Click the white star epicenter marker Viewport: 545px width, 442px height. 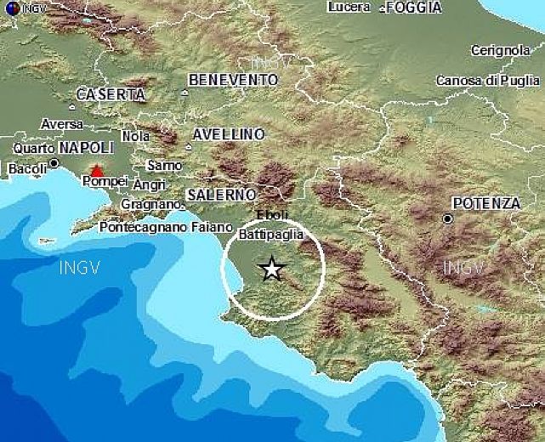click(271, 269)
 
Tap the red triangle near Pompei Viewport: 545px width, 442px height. click(97, 171)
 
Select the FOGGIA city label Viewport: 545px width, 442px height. click(413, 8)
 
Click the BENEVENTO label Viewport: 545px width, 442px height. click(234, 79)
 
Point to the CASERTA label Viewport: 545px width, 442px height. click(111, 94)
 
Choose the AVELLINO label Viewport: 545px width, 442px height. click(229, 134)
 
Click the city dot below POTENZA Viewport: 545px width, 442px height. click(448, 218)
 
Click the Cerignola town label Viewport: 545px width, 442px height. click(500, 51)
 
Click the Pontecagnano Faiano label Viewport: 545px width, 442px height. click(165, 227)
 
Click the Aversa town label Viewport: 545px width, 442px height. click(62, 124)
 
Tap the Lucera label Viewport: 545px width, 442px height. click(347, 7)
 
